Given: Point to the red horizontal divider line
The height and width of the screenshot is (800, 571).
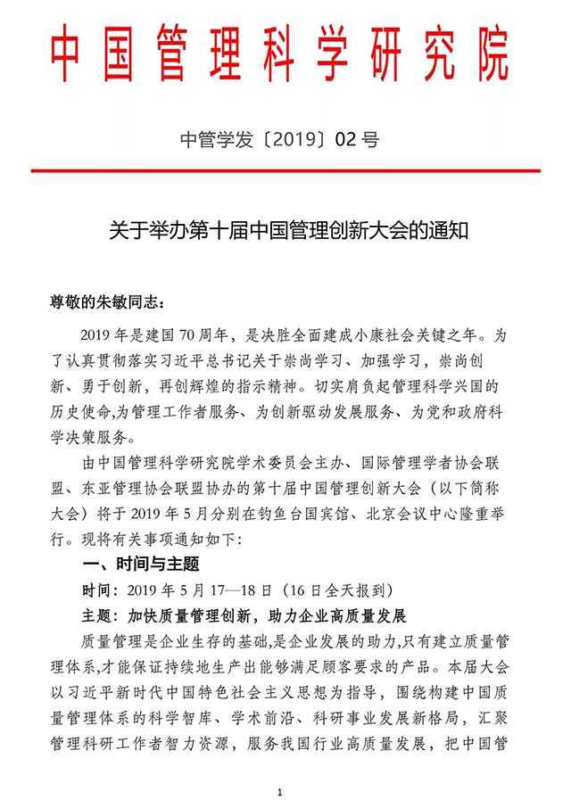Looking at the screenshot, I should coord(285,169).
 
